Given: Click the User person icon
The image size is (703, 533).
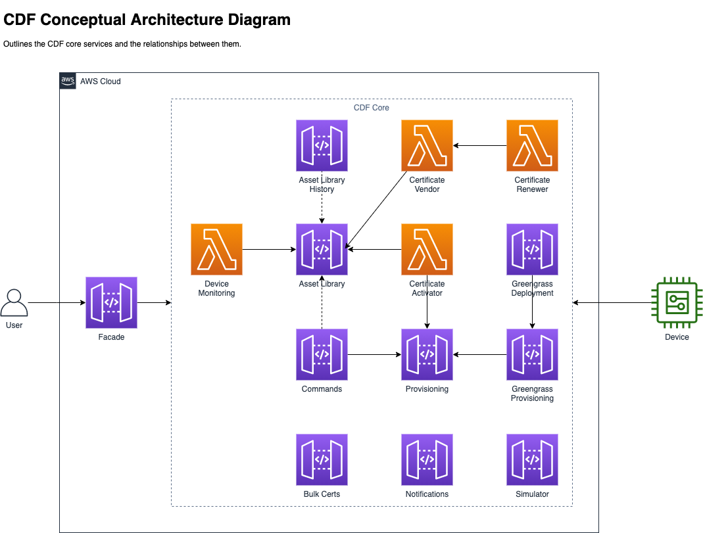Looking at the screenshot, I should pyautogui.click(x=14, y=303).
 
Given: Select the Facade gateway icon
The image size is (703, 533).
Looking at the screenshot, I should pyautogui.click(x=111, y=302).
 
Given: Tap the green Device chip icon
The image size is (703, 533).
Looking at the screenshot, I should pyautogui.click(x=676, y=303).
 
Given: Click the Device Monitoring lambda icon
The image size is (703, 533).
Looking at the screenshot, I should pyautogui.click(x=216, y=249).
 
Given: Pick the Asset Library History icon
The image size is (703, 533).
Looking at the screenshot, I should pyautogui.click(x=322, y=145).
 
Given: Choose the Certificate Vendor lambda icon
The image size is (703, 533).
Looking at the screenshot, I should pyautogui.click(x=427, y=145).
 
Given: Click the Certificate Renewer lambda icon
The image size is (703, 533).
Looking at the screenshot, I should pyautogui.click(x=532, y=145).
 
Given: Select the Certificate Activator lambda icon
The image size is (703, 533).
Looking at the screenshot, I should pyautogui.click(x=427, y=249).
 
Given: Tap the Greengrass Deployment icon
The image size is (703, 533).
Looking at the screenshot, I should pyautogui.click(x=532, y=249).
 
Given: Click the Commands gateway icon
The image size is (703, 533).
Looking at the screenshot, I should pyautogui.click(x=322, y=354).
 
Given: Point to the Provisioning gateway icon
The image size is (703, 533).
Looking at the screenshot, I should pyautogui.click(x=427, y=354).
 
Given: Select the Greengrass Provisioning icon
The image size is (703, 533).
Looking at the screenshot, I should pyautogui.click(x=532, y=354).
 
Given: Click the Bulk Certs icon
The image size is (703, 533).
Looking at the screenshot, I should pyautogui.click(x=322, y=459).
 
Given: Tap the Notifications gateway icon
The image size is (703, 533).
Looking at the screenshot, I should pyautogui.click(x=427, y=459).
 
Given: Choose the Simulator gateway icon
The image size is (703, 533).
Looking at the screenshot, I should pyautogui.click(x=532, y=459).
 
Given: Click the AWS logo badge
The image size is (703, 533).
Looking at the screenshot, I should pyautogui.click(x=68, y=81).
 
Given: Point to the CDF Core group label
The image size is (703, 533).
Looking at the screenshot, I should pyautogui.click(x=372, y=108).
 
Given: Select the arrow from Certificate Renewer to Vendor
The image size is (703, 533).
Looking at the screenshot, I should pyautogui.click(x=480, y=145).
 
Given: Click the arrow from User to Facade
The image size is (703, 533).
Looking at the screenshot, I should pyautogui.click(x=57, y=303).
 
